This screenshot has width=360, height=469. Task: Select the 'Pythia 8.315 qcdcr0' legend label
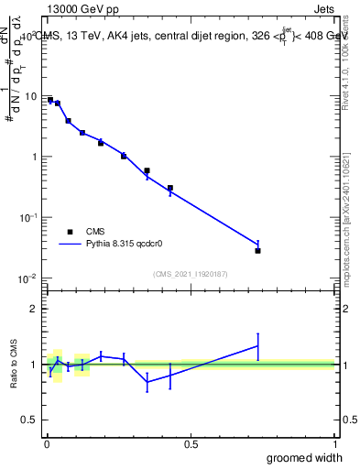tap(126, 245)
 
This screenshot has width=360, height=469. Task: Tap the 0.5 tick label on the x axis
tap(191, 445)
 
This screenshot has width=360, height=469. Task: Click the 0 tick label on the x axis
tap(47, 445)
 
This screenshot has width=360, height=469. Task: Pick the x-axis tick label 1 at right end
tap(335, 445)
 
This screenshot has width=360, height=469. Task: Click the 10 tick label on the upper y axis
tap(31, 96)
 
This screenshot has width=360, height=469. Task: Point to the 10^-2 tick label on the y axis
tap(29, 278)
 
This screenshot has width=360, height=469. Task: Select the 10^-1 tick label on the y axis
tap(29, 217)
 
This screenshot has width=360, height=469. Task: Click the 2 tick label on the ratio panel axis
tap(37, 309)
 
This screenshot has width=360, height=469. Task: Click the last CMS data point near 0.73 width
tap(258, 250)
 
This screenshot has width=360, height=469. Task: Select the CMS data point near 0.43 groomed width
tap(170, 188)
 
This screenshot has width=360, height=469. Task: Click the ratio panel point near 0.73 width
tap(258, 346)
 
